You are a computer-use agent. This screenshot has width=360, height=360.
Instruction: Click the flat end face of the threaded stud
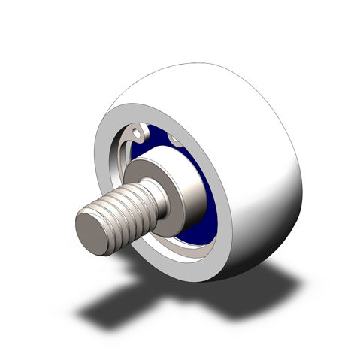[x=95, y=229]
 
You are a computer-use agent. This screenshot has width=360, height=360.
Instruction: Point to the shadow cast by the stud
[x=113, y=301]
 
